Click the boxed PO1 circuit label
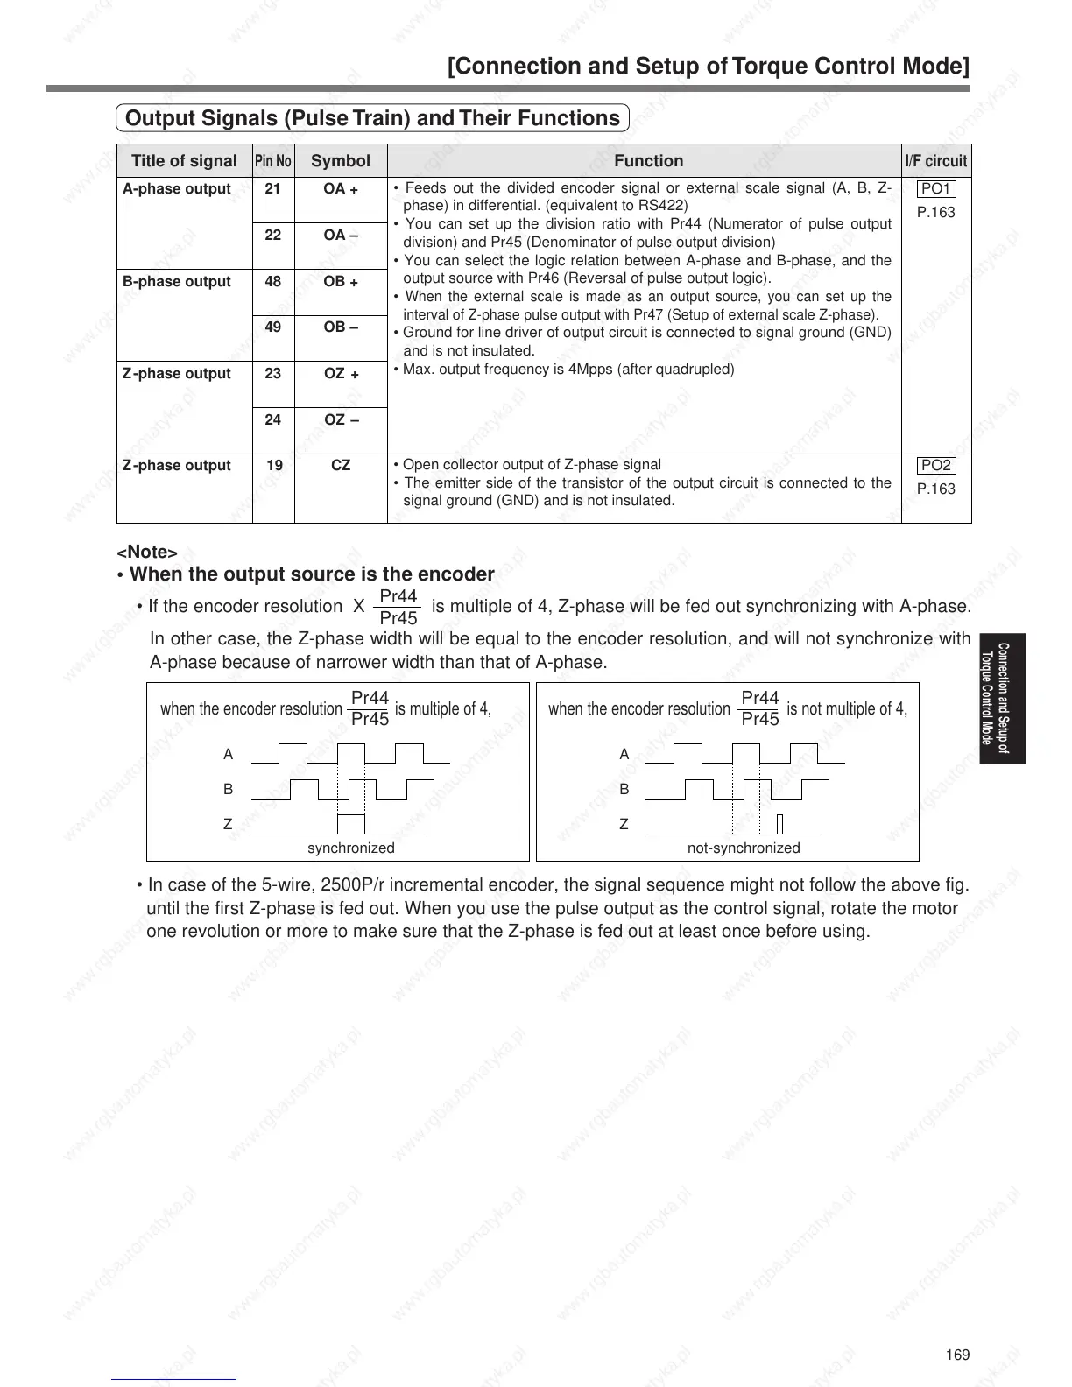click(x=936, y=189)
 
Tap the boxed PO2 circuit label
click(x=936, y=466)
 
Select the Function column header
click(x=648, y=161)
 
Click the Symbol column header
click(x=341, y=161)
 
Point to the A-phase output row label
click(x=177, y=189)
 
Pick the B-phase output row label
click(x=177, y=282)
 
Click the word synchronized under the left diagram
click(x=350, y=848)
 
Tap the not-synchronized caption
click(x=744, y=848)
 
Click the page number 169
click(x=958, y=1355)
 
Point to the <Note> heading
click(x=147, y=553)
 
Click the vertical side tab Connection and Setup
click(x=1003, y=699)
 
